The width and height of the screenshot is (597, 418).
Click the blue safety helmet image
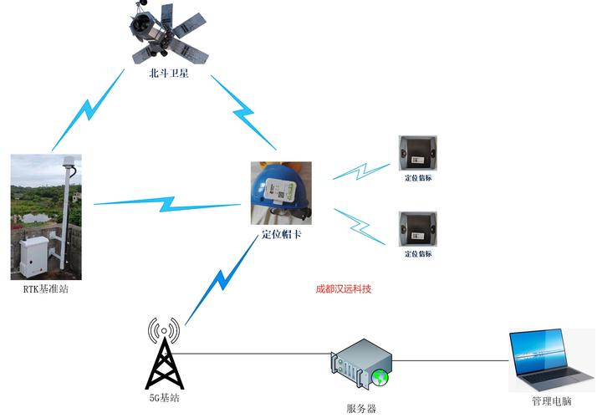point(281,193)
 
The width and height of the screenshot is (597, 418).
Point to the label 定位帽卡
point(281,235)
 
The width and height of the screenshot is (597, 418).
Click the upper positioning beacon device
point(417,153)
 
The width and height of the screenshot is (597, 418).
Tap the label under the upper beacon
point(417,177)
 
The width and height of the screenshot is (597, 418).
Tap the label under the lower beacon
point(417,252)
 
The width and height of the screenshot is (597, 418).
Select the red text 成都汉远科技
point(343,289)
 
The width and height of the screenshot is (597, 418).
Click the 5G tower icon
point(163,350)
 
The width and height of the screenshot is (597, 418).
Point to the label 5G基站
point(163,398)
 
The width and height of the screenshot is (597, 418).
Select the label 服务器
point(361,409)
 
